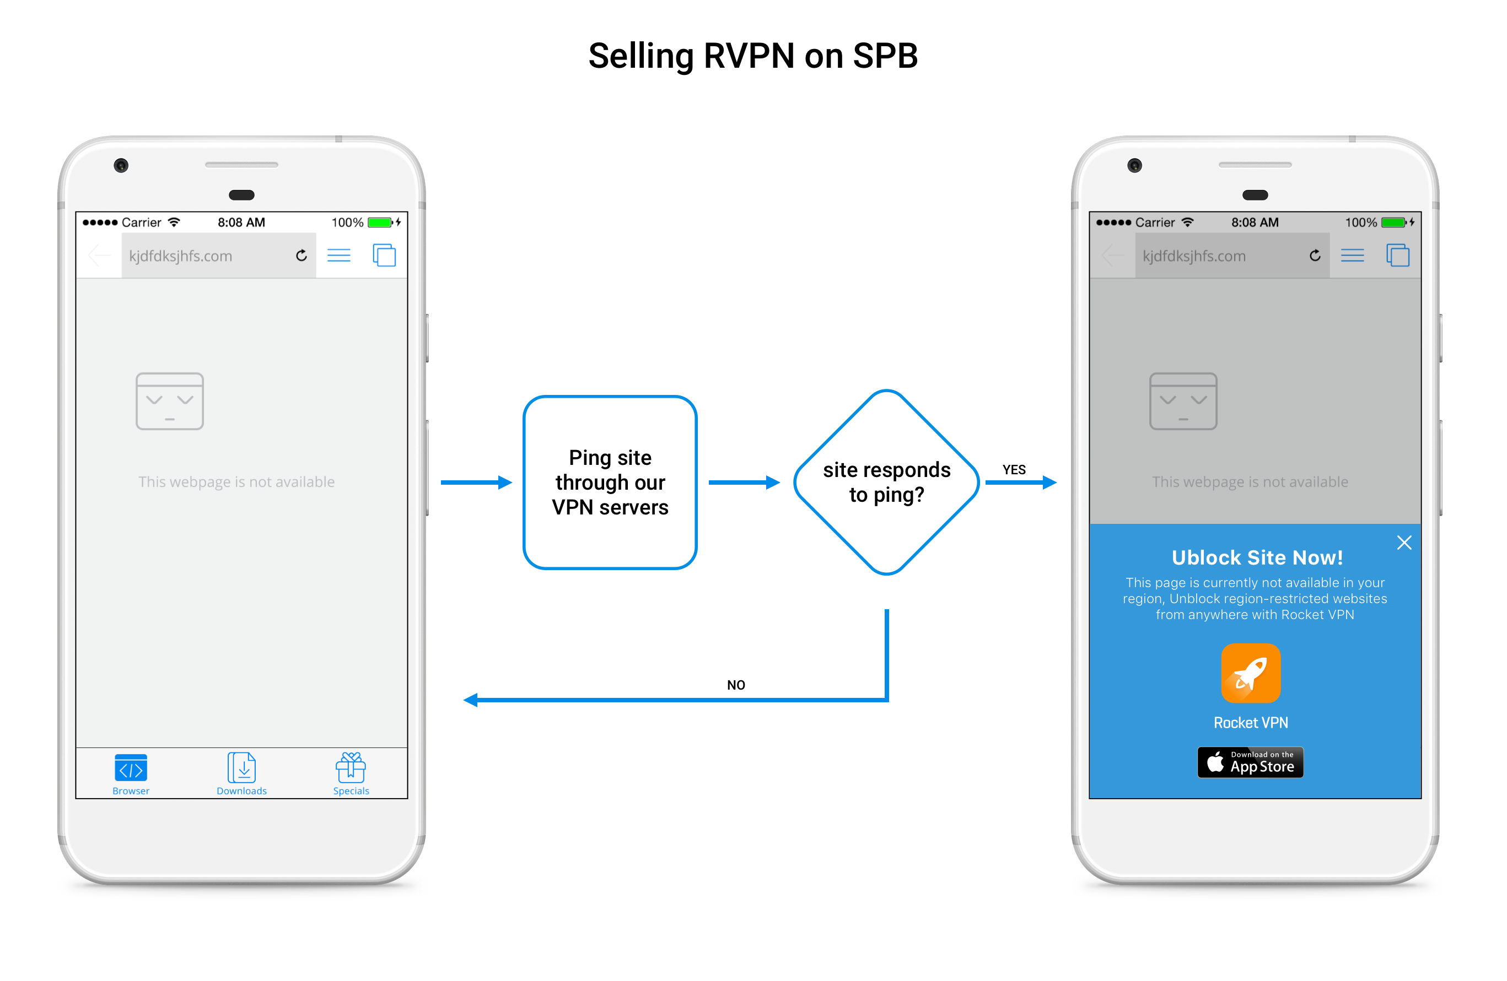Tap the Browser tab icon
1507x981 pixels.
131,768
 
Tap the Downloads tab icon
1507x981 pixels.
242,768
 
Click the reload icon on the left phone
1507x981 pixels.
302,255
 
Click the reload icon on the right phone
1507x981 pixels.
1315,255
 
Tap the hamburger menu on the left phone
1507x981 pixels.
339,255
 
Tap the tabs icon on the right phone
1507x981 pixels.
1397,255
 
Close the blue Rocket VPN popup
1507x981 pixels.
1404,543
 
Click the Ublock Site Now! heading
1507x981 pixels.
1257,557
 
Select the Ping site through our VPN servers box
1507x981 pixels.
610,483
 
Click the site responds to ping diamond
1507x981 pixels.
886,483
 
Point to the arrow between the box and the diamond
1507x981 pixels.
744,483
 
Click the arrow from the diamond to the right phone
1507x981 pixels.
1021,483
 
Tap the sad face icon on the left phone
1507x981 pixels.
170,401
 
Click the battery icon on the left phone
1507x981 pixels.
380,222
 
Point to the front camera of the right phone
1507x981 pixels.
1135,165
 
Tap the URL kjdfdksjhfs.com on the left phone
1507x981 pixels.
181,256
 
